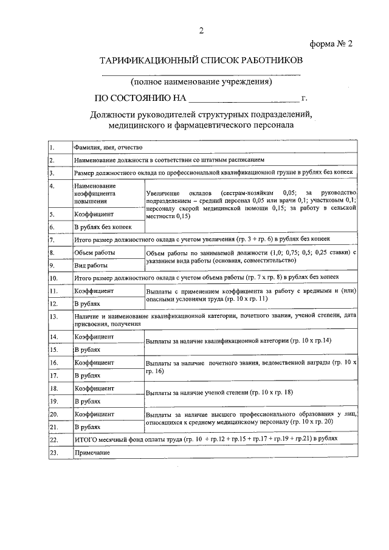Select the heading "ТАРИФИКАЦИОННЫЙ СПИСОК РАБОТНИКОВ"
click(200, 61)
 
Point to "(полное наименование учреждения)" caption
click(201, 81)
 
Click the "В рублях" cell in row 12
click(87, 303)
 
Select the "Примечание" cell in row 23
click(92, 453)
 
